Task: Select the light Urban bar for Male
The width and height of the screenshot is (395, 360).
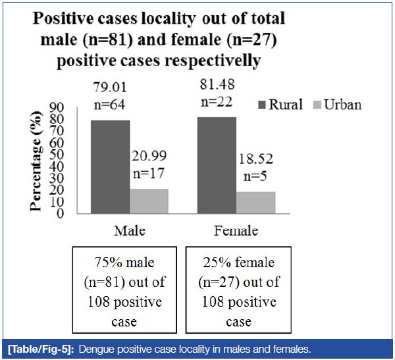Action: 149,201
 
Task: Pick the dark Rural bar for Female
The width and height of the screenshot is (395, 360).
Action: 217,165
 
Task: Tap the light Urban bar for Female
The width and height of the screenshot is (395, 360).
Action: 255,202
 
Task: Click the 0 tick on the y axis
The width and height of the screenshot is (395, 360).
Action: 59,213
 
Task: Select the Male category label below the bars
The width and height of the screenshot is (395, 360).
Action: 129,231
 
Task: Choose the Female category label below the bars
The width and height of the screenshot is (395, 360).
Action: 236,231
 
